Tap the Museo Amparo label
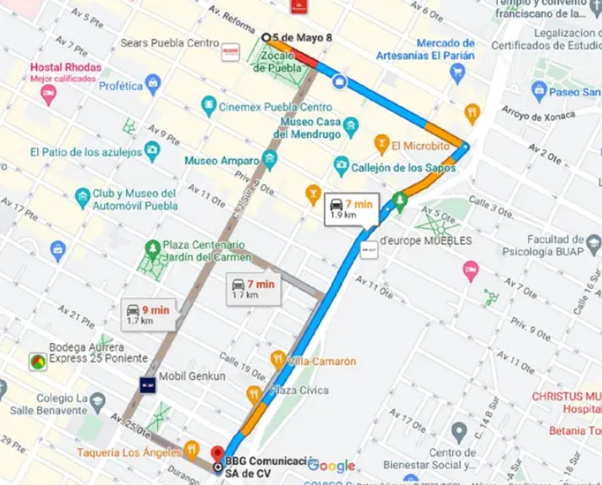(217, 160)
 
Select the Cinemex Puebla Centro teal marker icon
(209, 107)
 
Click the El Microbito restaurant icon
(383, 144)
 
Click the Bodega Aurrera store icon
(38, 361)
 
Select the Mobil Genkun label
(193, 377)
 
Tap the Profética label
(121, 85)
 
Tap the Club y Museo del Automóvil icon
(82, 198)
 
